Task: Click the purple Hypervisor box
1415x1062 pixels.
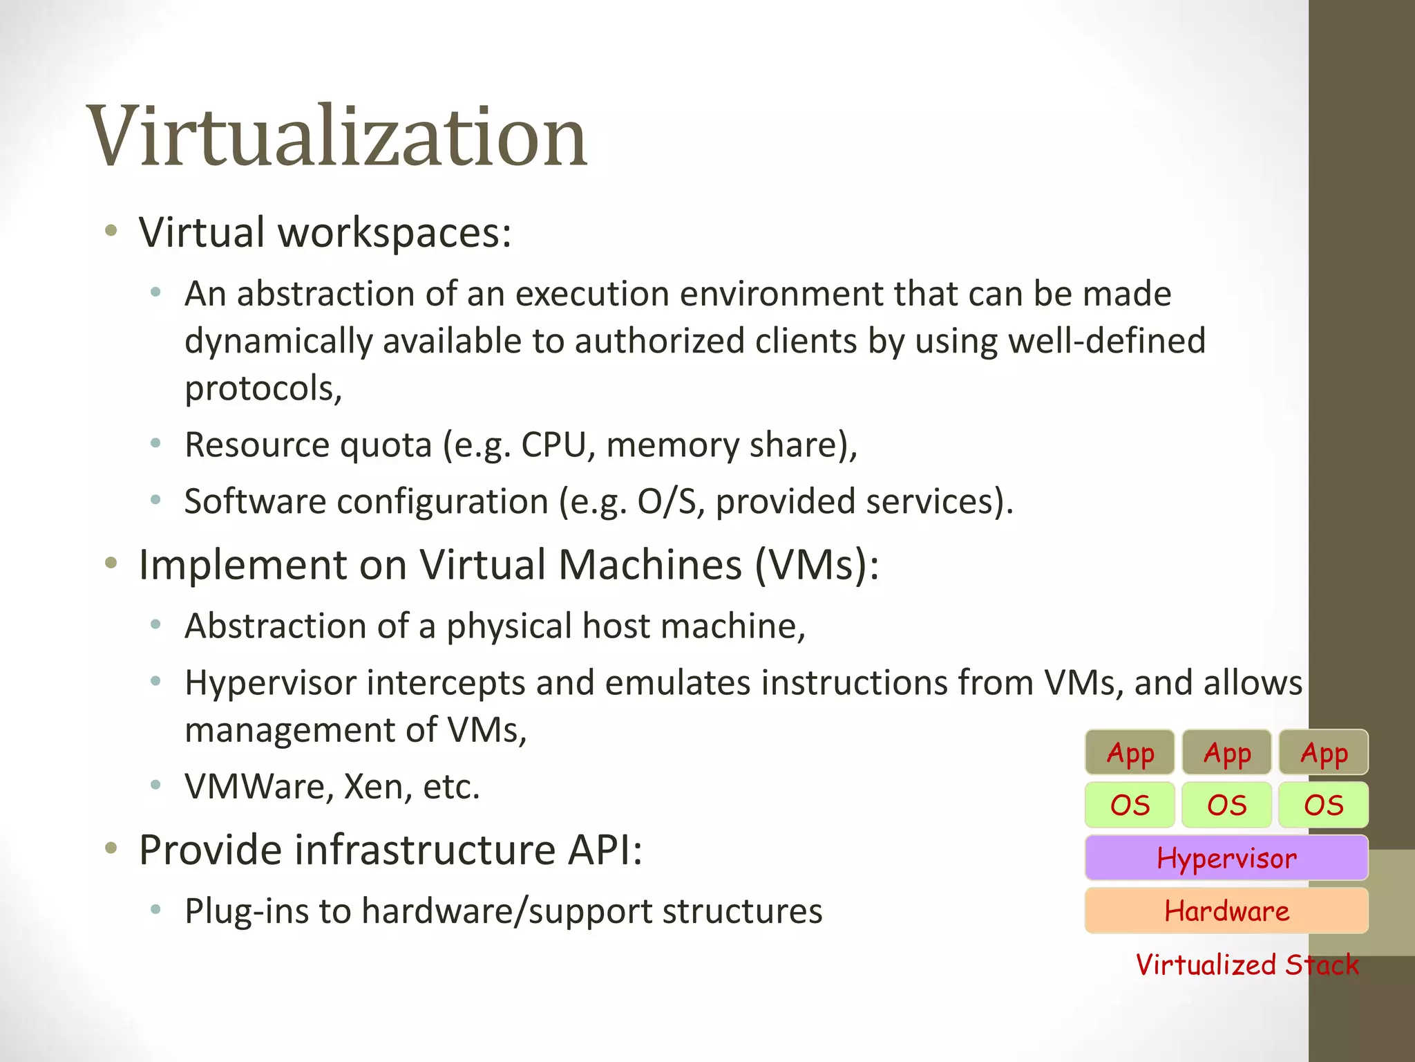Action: tap(1226, 858)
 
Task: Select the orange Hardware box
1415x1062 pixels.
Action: tap(1226, 911)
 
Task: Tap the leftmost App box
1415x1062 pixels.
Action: tap(1130, 752)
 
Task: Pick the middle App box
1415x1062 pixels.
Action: tap(1226, 752)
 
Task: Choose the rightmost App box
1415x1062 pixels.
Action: tap(1323, 752)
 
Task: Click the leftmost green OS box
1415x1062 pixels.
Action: tap(1130, 805)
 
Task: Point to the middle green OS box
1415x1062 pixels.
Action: tap(1226, 805)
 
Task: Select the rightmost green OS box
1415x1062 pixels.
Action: tap(1323, 805)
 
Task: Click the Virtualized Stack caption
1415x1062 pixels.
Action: tap(1247, 965)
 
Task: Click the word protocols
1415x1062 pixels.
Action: tap(263, 389)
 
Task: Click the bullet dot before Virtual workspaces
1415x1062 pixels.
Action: tap(111, 231)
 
